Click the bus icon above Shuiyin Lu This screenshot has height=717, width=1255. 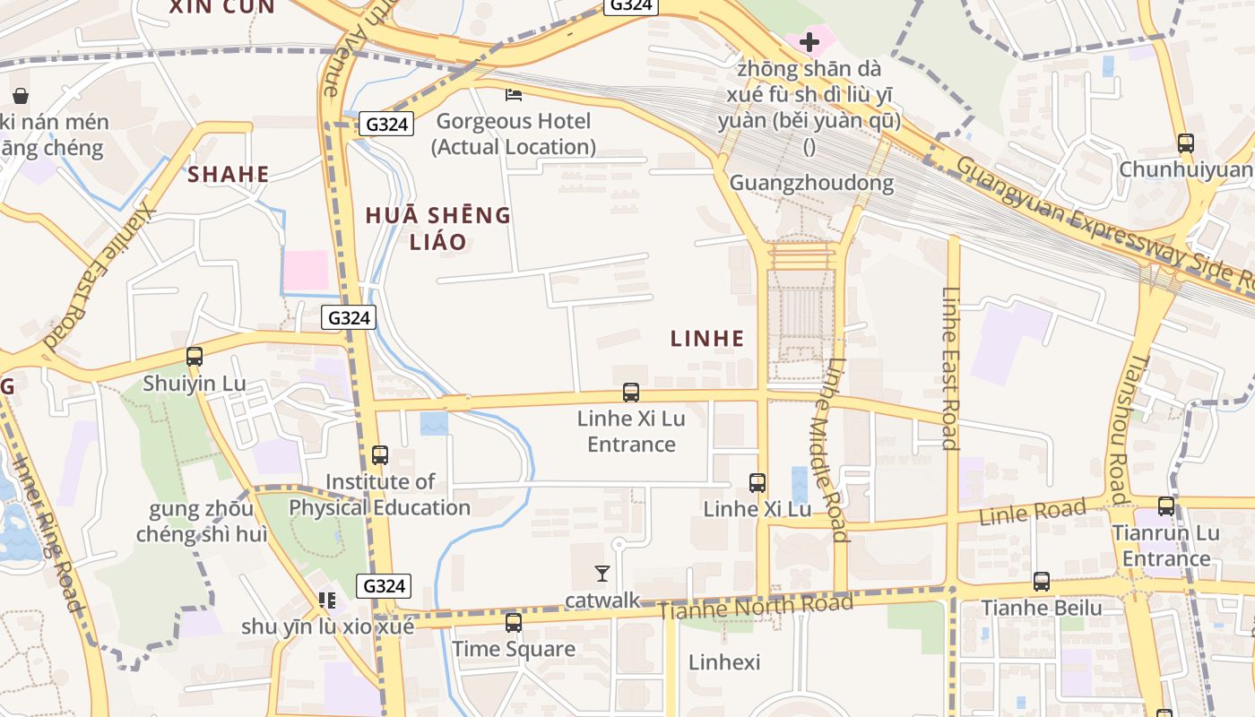[x=195, y=356]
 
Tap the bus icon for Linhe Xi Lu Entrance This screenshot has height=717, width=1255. [x=631, y=392]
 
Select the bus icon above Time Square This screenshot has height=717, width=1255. [x=513, y=622]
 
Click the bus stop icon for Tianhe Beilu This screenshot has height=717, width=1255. [x=1041, y=581]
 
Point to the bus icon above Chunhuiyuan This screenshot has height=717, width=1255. [x=1185, y=143]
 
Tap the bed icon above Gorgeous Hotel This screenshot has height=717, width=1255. [x=514, y=94]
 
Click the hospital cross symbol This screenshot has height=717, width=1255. [x=809, y=41]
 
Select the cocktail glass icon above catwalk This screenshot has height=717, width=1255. [x=602, y=573]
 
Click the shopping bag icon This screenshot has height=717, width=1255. [x=21, y=95]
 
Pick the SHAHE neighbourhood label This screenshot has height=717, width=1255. [x=229, y=174]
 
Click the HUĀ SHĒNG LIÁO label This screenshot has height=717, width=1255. [x=438, y=228]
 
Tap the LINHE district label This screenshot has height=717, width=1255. [x=707, y=338]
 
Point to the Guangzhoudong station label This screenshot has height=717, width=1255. [x=811, y=183]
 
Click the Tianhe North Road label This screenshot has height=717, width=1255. [x=755, y=608]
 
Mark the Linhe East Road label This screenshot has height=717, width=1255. [x=951, y=367]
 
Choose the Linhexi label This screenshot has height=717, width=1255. [x=724, y=662]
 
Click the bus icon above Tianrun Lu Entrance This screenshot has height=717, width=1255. [x=1165, y=506]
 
